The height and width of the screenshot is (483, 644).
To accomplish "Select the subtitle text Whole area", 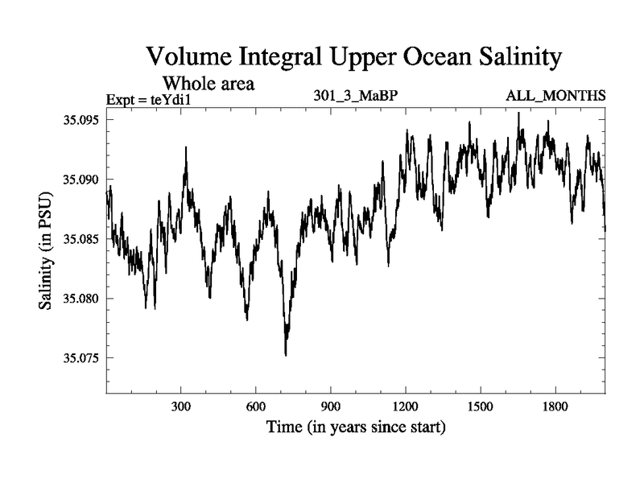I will pyautogui.click(x=209, y=83).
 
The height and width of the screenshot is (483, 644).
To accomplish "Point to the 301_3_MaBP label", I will pyautogui.click(x=357, y=97).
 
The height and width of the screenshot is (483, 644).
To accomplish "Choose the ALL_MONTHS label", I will pyautogui.click(x=555, y=97).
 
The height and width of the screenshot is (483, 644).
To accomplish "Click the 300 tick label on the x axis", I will pyautogui.click(x=181, y=408).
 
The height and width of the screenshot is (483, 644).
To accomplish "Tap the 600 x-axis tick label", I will pyautogui.click(x=256, y=408).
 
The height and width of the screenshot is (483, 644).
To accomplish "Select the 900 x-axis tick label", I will pyautogui.click(x=331, y=408).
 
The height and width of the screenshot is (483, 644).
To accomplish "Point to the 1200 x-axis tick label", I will pyautogui.click(x=406, y=408).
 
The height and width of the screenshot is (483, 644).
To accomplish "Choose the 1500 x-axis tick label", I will pyautogui.click(x=481, y=408).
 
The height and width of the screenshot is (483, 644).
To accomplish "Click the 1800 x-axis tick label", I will pyautogui.click(x=555, y=408).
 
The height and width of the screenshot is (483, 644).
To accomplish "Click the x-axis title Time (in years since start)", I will pyautogui.click(x=356, y=427).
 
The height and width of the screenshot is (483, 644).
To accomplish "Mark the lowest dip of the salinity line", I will pyautogui.click(x=286, y=354).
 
